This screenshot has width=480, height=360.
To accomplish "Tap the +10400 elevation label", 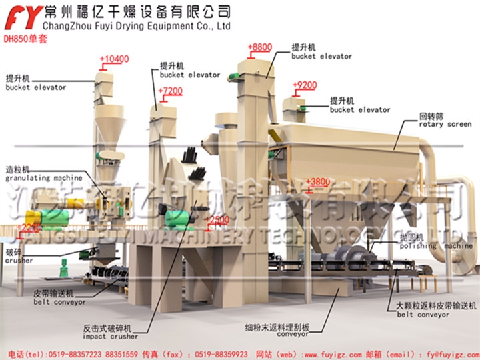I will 114,60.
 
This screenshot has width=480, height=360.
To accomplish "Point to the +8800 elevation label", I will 260,47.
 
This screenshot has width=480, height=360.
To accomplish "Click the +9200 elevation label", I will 305,85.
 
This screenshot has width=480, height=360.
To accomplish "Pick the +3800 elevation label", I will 317,181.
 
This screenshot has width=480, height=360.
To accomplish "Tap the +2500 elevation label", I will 217,219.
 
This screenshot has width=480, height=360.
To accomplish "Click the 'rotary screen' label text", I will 445,123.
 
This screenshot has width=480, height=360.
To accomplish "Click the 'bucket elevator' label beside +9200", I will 360,105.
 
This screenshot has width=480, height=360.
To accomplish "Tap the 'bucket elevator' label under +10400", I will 36,83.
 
